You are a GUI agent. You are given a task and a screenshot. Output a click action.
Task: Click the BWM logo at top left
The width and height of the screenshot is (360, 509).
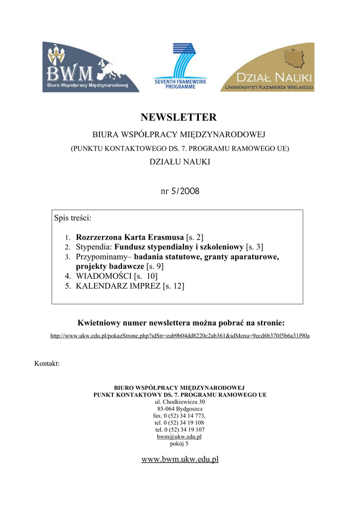[90, 67]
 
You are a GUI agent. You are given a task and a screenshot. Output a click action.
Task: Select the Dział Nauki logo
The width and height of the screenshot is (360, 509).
[268, 67]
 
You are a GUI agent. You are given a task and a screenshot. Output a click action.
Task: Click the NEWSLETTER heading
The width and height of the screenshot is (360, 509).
[179, 118]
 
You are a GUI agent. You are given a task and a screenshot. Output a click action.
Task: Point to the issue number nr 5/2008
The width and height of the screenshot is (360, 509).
[180, 191]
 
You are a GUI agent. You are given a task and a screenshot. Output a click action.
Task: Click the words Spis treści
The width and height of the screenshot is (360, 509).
[73, 218]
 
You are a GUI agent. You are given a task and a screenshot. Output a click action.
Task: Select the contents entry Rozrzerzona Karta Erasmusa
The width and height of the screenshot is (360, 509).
[130, 237]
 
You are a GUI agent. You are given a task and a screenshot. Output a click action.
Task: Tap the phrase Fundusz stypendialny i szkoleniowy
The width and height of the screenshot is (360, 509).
[179, 247]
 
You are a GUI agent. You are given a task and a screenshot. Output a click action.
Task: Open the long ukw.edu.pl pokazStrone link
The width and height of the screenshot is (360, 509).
[180, 336]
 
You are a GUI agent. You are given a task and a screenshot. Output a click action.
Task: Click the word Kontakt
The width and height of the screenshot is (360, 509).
[47, 364]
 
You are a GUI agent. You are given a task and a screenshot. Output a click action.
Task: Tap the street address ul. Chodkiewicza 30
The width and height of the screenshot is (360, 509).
[180, 402]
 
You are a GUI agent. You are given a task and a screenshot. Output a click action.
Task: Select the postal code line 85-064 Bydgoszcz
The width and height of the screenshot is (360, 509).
[180, 409]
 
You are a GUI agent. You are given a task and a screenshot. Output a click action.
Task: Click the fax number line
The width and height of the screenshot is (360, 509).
[180, 416]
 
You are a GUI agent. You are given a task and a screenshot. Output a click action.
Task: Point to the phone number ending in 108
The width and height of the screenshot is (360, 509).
[180, 423]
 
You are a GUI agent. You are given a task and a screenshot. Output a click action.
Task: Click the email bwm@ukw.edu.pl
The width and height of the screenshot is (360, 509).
[180, 436]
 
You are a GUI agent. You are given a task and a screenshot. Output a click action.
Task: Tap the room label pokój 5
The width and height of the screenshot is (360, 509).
[180, 443]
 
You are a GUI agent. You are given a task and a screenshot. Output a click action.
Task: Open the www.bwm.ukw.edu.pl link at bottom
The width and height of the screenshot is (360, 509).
[180, 459]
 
